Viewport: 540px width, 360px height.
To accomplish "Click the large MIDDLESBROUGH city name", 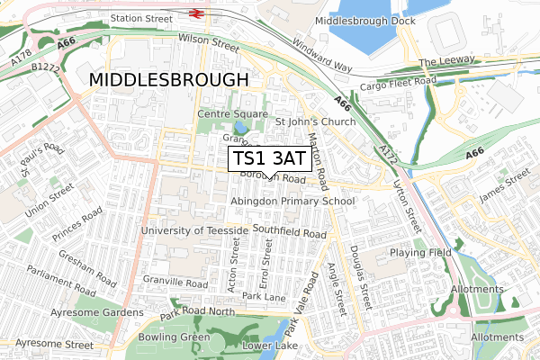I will pyautogui.click(x=168, y=80).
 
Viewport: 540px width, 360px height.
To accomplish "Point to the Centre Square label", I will pyautogui.click(x=233, y=114).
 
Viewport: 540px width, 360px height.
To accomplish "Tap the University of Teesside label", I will pyautogui.click(x=193, y=231).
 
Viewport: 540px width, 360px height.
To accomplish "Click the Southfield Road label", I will pyautogui.click(x=288, y=231).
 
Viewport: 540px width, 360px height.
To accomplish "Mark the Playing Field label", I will pyautogui.click(x=420, y=254).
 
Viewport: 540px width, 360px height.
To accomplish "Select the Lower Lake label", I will pyautogui.click(x=267, y=344).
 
